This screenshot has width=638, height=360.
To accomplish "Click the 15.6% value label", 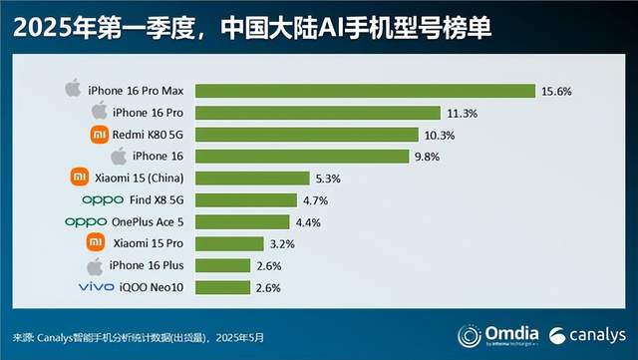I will click(556, 91).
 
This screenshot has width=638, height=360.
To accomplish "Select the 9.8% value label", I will click(426, 157).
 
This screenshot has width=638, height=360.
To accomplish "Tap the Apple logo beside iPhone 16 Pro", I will click(98, 112).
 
